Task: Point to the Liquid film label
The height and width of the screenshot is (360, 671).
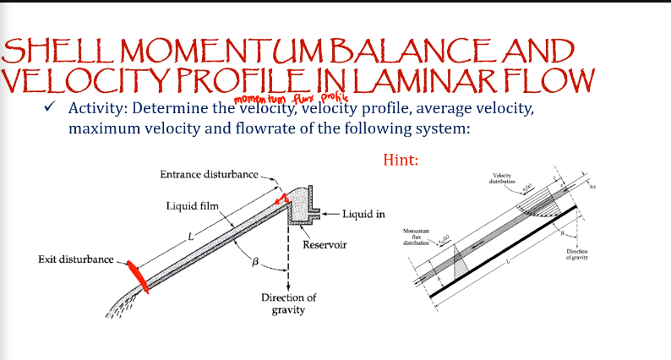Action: (194, 205)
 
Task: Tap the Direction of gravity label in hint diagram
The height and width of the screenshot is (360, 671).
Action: (578, 254)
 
